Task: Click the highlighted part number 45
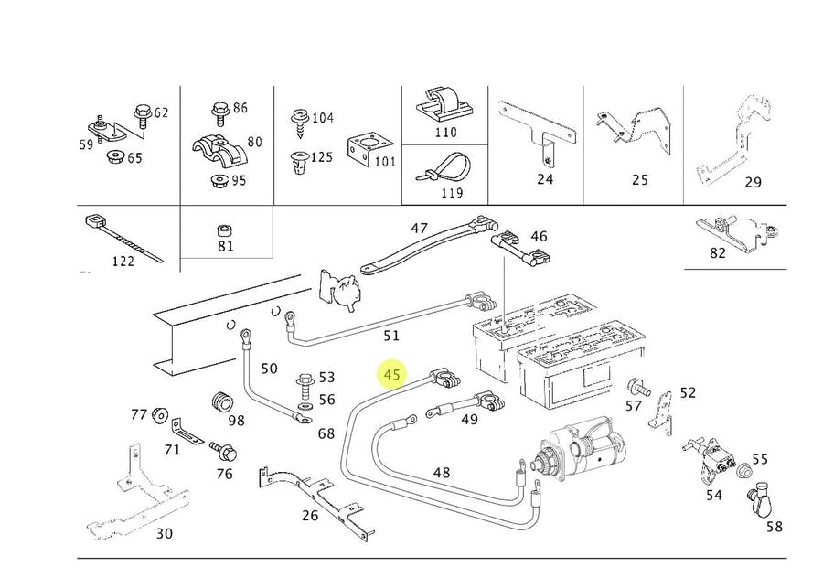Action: pos(392,375)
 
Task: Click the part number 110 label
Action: pos(445,133)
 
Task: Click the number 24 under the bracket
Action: pos(545,178)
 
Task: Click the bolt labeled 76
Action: pos(223,450)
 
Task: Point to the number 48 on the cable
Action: pos(442,473)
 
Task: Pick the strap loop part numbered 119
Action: pos(445,168)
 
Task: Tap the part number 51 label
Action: pos(391,337)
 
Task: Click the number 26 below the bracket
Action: pos(310,516)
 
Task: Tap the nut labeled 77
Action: pos(159,415)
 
